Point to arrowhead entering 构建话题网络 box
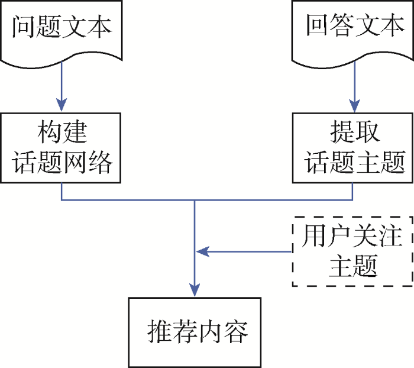pos(62,105)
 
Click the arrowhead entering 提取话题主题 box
pos(354,106)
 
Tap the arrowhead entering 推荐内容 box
pos(195,290)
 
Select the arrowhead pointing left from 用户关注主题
pos(203,251)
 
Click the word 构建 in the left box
pos(62,132)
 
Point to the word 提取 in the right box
pos(355,132)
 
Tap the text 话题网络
pos(62,162)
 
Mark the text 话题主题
pos(355,162)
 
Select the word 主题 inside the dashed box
pos(353,266)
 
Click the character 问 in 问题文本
pos(23,27)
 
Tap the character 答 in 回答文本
pos(342,25)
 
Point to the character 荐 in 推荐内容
pos(185,331)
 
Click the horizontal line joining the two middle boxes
pos(207,200)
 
